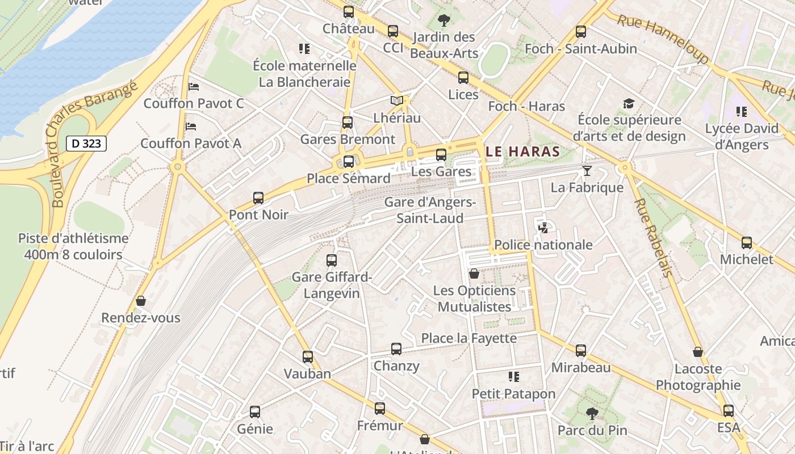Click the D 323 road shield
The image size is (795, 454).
click(x=86, y=144)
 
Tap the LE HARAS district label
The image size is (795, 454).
click(x=524, y=152)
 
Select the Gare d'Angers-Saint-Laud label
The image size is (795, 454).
click(x=430, y=210)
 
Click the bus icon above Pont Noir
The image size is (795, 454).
click(x=258, y=198)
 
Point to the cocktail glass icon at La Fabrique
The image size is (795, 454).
click(x=587, y=171)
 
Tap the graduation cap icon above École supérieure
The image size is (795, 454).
click(x=629, y=103)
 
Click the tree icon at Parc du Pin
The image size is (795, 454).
click(x=592, y=414)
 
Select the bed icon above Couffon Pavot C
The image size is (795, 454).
click(x=194, y=87)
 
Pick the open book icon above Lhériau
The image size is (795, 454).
click(x=397, y=101)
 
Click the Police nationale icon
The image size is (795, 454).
click(x=543, y=228)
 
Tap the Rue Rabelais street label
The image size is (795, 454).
click(x=653, y=237)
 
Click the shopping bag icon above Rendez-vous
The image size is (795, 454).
click(x=141, y=301)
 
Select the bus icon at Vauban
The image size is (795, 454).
click(x=308, y=357)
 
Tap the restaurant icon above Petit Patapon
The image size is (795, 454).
click(x=514, y=377)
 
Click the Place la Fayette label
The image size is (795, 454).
click(x=469, y=339)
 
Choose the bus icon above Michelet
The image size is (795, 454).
click(x=747, y=243)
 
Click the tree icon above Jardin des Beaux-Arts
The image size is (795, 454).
click(x=444, y=21)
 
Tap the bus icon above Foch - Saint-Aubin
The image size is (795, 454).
click(x=580, y=32)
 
